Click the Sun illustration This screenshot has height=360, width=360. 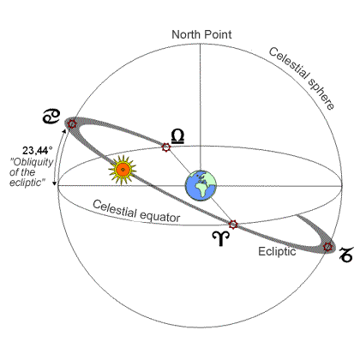[123, 170]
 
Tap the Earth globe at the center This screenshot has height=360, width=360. [201, 185]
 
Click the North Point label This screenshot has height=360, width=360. [201, 34]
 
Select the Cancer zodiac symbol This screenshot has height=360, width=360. [51, 116]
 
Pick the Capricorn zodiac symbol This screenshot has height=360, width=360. [346, 255]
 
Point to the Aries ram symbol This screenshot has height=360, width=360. [221, 238]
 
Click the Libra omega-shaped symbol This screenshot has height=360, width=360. [177, 136]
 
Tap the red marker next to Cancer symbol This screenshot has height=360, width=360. [72, 124]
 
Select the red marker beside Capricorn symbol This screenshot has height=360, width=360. [327, 247]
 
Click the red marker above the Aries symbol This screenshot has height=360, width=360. [233, 225]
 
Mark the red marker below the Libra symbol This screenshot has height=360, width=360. [165, 147]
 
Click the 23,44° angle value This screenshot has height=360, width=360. [38, 150]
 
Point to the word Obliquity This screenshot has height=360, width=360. [32, 162]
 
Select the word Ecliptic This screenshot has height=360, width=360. [277, 251]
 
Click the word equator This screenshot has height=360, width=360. [159, 216]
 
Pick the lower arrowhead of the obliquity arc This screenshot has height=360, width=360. [54, 183]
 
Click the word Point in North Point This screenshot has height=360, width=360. [217, 34]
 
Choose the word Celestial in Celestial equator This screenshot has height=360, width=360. [115, 209]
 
